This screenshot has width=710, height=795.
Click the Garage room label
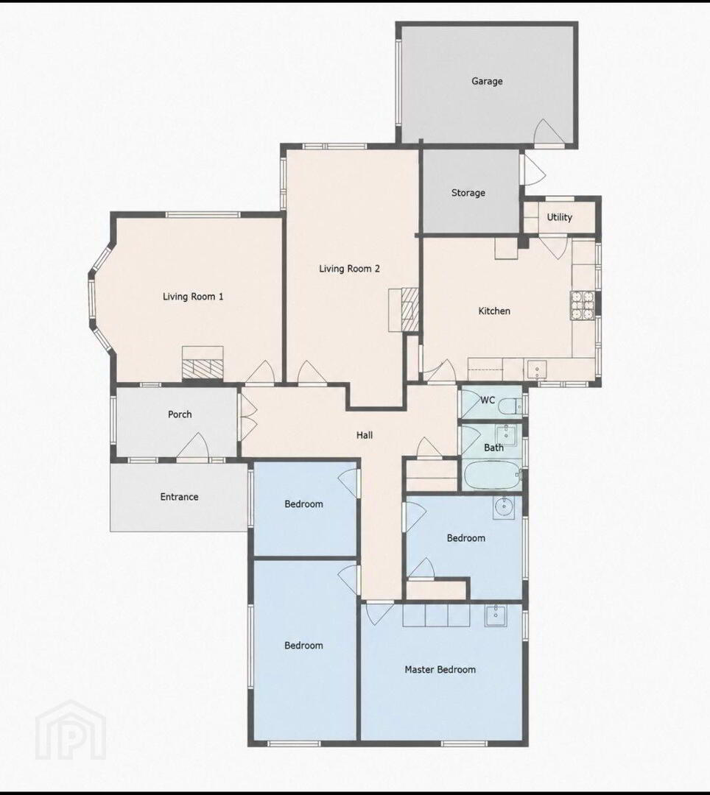487,81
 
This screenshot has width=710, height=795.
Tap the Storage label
468,193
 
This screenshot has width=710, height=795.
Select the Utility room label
559,217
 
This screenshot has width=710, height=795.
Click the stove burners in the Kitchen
583,305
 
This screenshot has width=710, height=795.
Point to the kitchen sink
537,370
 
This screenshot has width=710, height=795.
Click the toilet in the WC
511,406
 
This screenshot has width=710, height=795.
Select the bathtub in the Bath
493,475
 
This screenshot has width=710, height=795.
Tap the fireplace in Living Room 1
203,362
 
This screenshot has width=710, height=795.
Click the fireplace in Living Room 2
404,310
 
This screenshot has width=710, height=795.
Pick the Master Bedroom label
440,670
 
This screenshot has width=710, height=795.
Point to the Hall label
365,435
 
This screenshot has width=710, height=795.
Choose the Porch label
180,414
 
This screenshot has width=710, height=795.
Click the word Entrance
179,497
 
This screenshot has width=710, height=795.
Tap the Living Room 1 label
193,297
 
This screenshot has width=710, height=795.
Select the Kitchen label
494,311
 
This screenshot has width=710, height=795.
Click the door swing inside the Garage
549,132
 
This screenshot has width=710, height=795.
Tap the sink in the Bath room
506,435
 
